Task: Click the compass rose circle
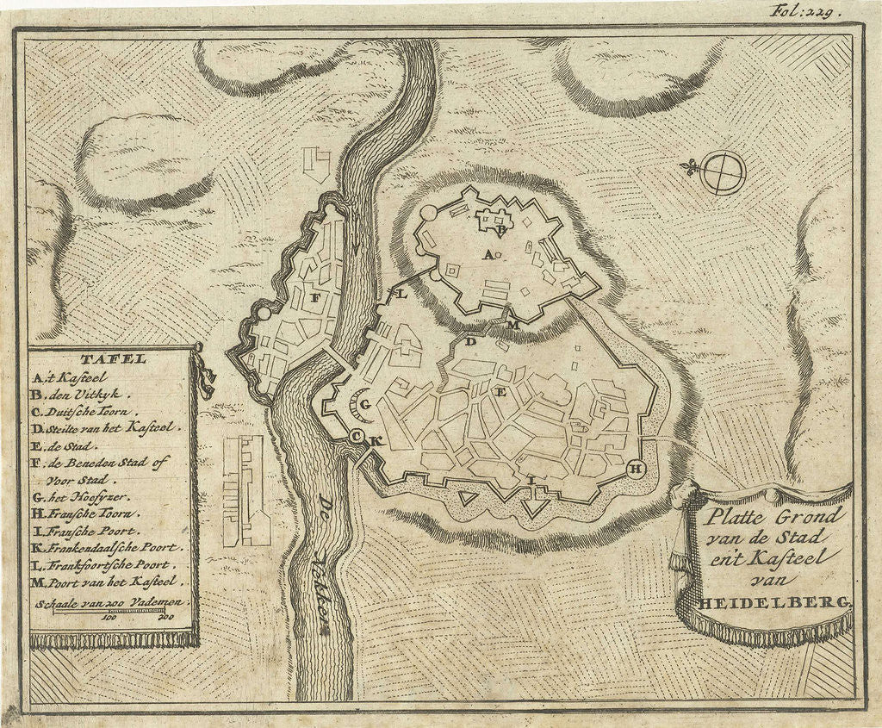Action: pos(722,172)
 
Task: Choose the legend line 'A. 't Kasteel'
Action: pos(69,377)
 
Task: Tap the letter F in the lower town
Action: pos(315,298)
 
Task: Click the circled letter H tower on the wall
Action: pos(637,469)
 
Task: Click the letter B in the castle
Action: pos(499,229)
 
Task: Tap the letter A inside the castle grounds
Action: pos(488,254)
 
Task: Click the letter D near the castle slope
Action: pos(470,342)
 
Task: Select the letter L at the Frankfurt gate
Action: pos(401,294)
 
